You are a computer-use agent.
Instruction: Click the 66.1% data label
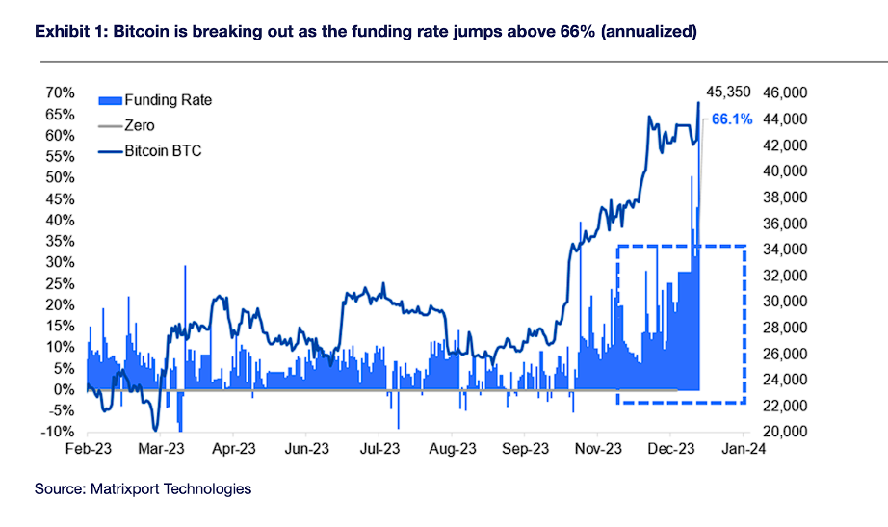click(x=732, y=120)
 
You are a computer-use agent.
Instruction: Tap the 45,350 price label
click(x=729, y=92)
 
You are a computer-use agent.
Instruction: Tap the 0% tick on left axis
click(x=65, y=389)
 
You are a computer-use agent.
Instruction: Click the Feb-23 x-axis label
click(x=88, y=448)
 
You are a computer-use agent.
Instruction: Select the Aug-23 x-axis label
click(x=452, y=448)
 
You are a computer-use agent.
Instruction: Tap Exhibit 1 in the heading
click(x=70, y=32)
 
